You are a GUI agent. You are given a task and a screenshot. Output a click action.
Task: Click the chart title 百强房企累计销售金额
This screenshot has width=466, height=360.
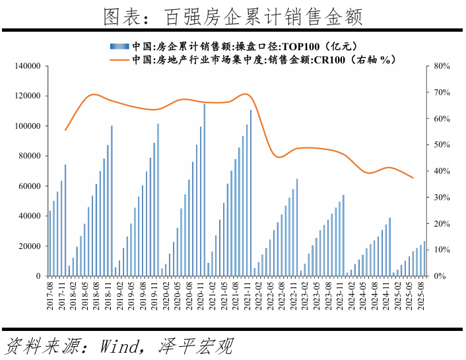(233, 16)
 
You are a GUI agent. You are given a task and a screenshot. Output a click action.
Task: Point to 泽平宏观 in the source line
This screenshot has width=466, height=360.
(195, 345)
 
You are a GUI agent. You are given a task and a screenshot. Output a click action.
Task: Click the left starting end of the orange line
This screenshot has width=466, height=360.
(65, 130)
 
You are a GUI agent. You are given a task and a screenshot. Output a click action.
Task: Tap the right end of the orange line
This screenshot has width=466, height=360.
(413, 178)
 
